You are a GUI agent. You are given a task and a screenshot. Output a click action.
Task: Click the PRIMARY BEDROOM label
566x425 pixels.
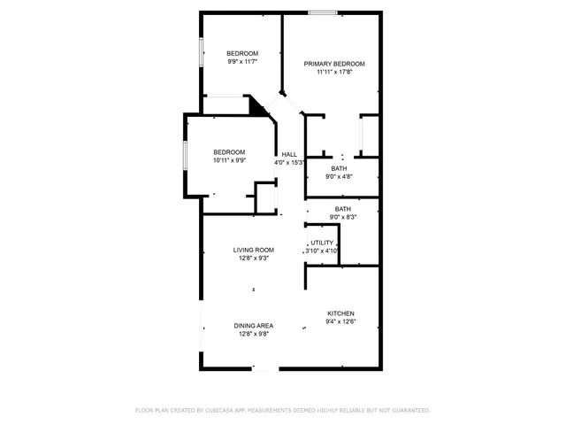[334, 64]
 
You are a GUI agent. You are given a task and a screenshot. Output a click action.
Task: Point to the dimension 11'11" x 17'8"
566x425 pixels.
[334, 73]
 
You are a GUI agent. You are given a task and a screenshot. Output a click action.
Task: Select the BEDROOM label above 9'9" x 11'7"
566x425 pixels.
[241, 53]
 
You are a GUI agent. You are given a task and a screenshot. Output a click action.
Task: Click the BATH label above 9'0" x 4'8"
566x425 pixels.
[340, 168]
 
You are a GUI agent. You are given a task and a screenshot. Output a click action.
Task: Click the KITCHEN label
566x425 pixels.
[341, 313]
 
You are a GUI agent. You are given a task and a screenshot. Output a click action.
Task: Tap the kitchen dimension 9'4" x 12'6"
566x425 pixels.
[341, 322]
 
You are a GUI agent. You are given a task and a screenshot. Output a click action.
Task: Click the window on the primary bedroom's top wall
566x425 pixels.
[322, 12]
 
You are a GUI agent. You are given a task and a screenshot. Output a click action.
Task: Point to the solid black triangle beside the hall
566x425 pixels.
[257, 106]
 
